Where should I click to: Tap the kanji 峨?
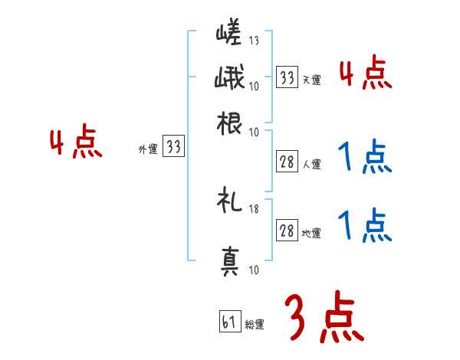(x=229, y=78)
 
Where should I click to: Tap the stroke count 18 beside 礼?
(x=255, y=208)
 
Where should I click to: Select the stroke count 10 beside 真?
(x=255, y=269)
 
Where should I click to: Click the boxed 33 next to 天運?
(x=287, y=77)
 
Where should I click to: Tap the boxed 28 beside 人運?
(x=287, y=162)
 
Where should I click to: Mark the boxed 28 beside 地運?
(x=287, y=231)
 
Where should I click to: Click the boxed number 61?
(x=229, y=322)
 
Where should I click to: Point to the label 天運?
(x=311, y=80)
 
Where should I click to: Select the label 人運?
(x=311, y=164)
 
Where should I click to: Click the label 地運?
(x=311, y=233)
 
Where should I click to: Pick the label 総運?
(x=255, y=325)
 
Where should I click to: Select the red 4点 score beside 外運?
(x=76, y=144)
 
